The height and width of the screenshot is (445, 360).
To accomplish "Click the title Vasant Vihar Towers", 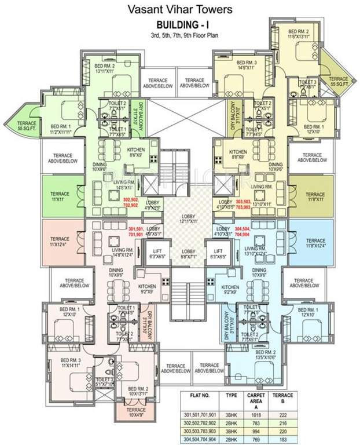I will [180, 10].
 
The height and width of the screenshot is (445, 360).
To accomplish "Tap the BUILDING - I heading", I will [179, 25].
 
